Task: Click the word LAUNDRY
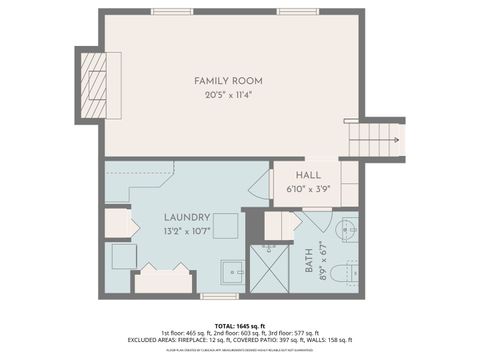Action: tap(187, 217)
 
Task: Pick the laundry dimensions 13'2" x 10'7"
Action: tap(187, 231)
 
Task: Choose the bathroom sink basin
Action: tap(346, 227)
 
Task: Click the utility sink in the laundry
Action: tap(232, 271)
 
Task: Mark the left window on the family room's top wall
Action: tap(172, 11)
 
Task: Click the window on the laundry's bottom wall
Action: tap(219, 296)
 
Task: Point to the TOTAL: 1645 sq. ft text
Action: tap(239, 326)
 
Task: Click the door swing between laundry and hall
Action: tap(260, 185)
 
